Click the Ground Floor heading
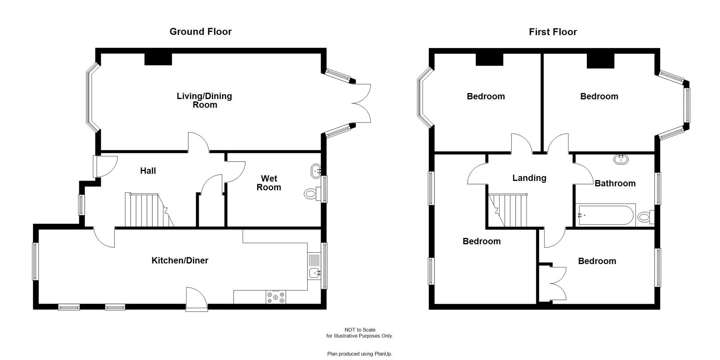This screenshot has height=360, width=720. coord(200,31)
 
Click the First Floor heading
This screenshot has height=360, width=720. coord(552,32)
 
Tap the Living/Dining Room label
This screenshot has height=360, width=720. coord(204,100)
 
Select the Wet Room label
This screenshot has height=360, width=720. coord(268,183)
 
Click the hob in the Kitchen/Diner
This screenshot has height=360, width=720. coord(276,297)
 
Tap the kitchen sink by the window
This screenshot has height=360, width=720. coord(314,273)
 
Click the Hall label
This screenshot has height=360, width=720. coord(148,171)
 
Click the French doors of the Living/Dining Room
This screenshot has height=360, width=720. coord(361,103)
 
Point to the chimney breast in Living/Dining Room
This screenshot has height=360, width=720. coord(158,59)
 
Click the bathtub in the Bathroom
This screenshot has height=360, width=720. coord(605,215)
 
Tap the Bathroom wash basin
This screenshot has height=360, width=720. coord(621,159)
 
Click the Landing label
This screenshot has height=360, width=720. coord(529,178)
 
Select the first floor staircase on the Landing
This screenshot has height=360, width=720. coord(510,210)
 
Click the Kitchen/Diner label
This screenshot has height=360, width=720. coord(180,260)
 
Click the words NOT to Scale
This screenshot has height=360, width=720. coord(360,330)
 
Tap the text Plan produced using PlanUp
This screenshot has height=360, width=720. coord(360,354)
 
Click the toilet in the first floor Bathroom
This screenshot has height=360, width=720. coord(645,217)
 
